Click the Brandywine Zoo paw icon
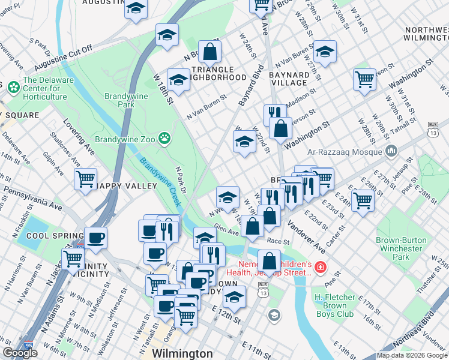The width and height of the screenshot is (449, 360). coord(164,139)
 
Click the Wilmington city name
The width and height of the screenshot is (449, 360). coord(182,353)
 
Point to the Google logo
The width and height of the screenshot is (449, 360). coord(20,353)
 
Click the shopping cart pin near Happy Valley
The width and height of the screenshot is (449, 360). coord(86,178)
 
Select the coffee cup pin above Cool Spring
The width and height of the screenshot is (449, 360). coord(96,238)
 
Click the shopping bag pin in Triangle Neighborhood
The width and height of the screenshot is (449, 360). coord(210,52)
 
